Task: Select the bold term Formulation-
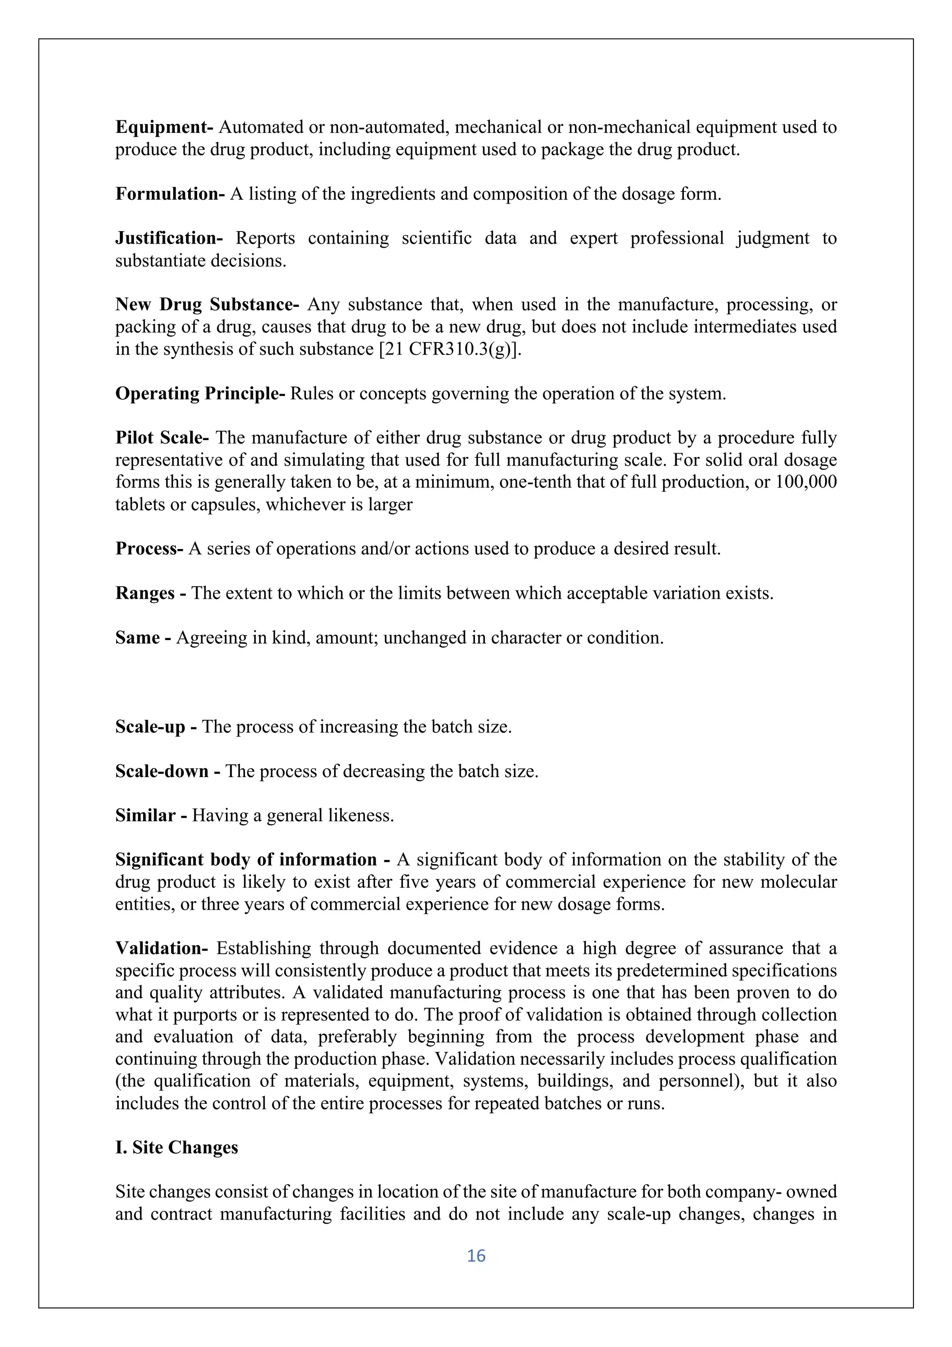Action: [170, 194]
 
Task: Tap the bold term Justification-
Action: [169, 238]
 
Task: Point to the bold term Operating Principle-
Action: [200, 394]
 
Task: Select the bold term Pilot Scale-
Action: [162, 438]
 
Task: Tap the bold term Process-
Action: [150, 548]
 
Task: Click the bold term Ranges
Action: [145, 593]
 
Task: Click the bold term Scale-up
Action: [150, 727]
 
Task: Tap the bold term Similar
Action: [145, 815]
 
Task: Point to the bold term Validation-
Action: [162, 949]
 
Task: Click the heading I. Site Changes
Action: [177, 1148]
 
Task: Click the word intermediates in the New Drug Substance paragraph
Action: [741, 327]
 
